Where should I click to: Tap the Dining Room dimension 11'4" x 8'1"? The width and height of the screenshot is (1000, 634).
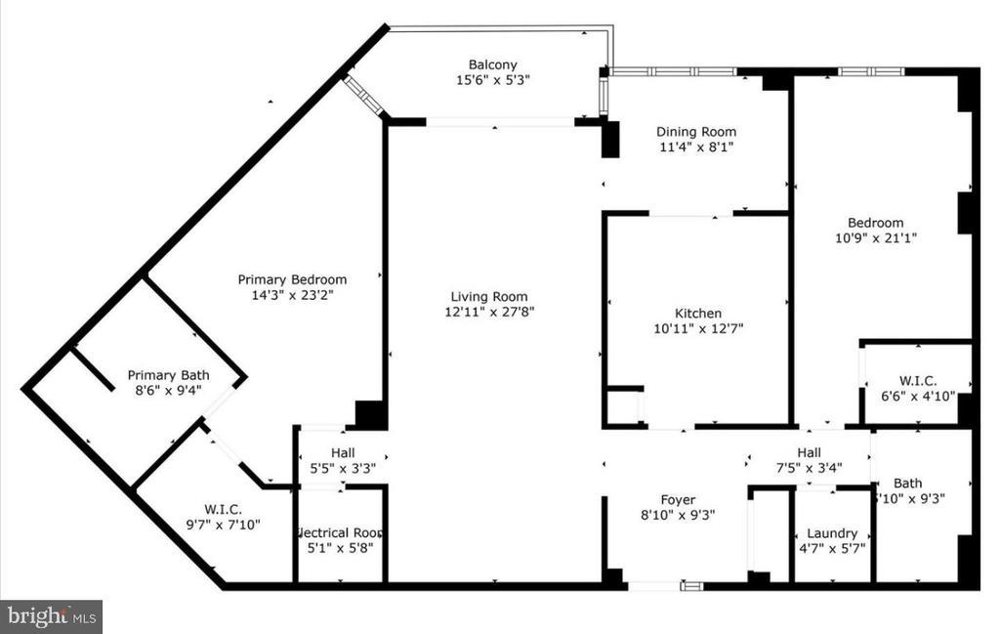pos(695,148)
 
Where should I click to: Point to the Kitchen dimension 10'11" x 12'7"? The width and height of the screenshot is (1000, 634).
pos(698,329)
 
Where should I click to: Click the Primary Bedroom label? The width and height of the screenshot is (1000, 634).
pos(292,279)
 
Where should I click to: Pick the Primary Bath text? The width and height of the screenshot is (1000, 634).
pos(167,375)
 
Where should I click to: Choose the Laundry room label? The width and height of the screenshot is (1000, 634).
pos(832,533)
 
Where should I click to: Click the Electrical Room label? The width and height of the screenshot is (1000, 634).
pos(339,532)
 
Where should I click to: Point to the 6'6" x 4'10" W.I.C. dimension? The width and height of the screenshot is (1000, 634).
pos(917,396)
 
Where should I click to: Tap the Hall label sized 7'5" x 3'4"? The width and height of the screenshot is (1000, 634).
pos(809,452)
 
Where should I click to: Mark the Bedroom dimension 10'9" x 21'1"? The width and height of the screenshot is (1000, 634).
pos(875,237)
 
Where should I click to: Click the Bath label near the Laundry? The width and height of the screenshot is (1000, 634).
pos(907,483)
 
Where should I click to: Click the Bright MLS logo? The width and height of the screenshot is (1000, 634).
pos(51,616)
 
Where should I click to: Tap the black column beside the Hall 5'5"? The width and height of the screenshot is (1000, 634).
pos(369,414)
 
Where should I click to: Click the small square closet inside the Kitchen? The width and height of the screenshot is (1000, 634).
pos(623,405)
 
